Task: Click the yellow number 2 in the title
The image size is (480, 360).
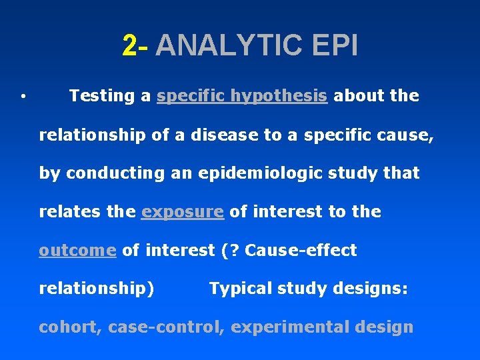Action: tap(130, 46)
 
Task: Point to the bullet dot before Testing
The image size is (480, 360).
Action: tap(23, 97)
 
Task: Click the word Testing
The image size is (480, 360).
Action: tap(101, 96)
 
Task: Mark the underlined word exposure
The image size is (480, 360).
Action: tap(182, 212)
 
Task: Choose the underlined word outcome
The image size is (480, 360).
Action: tap(77, 251)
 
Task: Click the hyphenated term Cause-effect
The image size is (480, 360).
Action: tap(301, 251)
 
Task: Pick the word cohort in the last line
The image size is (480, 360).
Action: tap(68, 327)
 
